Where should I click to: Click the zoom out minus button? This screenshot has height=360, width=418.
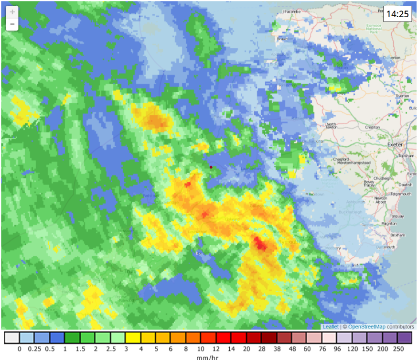(12, 24)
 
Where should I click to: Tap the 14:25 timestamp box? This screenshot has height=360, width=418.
(397, 14)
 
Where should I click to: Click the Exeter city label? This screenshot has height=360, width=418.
(395, 144)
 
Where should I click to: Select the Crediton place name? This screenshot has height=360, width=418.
(372, 128)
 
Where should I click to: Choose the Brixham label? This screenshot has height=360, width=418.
(397, 235)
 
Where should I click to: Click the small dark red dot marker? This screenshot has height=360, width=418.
(211, 167)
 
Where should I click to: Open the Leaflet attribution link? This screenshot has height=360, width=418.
(331, 327)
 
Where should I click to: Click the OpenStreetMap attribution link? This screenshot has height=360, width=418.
(367, 327)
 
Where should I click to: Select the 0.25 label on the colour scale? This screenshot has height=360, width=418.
(34, 349)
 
